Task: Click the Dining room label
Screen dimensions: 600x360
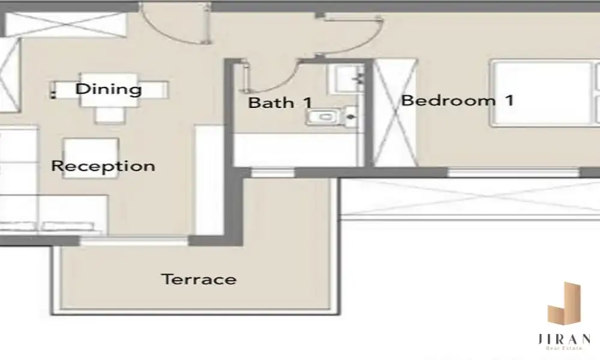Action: coord(109,89)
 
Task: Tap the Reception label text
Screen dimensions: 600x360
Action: coord(103,166)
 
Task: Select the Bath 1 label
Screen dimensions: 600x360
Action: coord(280,103)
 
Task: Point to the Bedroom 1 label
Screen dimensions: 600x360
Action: coord(457,101)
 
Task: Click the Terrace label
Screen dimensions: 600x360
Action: coord(199,279)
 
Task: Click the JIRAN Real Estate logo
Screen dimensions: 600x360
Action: coord(564,316)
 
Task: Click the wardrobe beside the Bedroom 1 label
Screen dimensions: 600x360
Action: coord(395,113)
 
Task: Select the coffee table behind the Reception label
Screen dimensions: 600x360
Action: coord(91,158)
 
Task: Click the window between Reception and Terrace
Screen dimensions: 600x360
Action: coord(134,241)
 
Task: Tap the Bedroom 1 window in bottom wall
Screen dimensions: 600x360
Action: coord(514,173)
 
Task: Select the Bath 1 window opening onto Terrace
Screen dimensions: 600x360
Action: coord(272,173)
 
